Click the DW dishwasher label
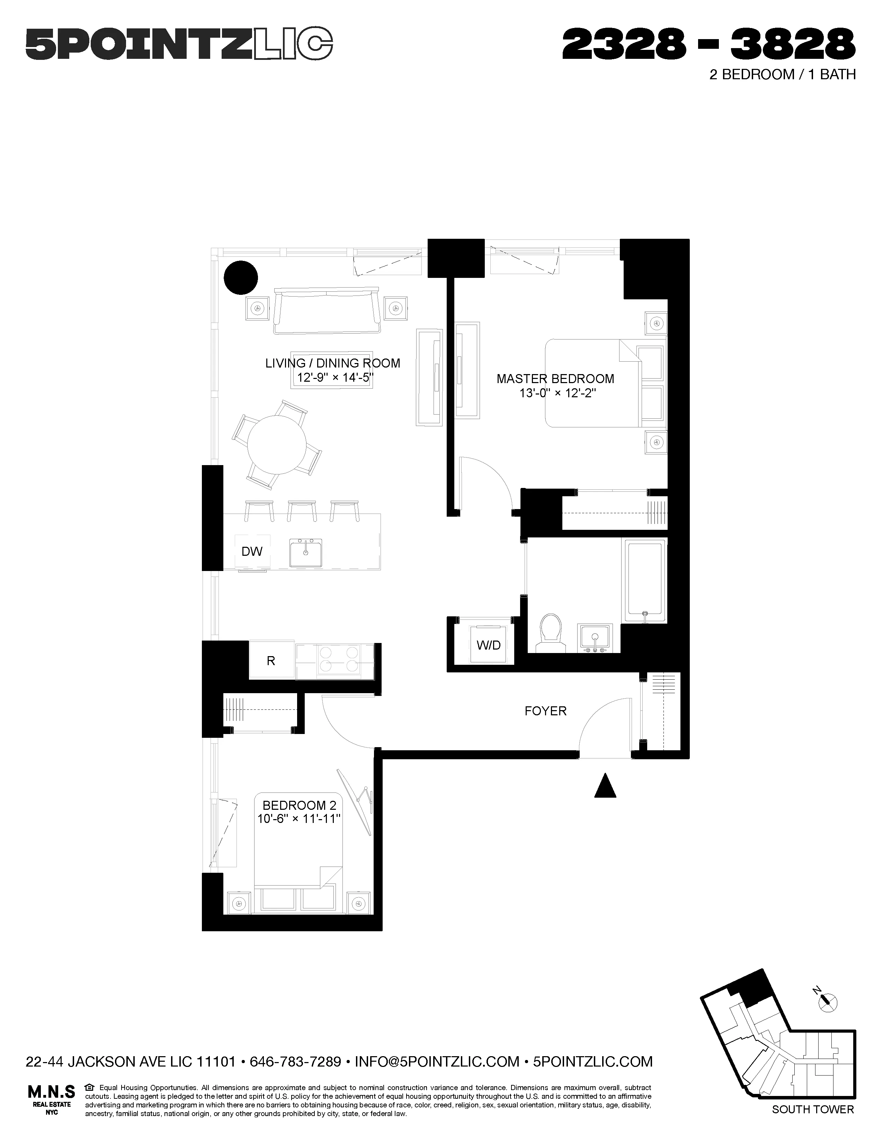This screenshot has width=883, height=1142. [252, 551]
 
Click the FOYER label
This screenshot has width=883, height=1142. [545, 710]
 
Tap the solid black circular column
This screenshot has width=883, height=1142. [241, 278]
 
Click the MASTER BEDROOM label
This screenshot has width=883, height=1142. [555, 379]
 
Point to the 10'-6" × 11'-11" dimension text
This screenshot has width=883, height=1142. [299, 819]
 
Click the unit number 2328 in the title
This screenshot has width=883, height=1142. [624, 44]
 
